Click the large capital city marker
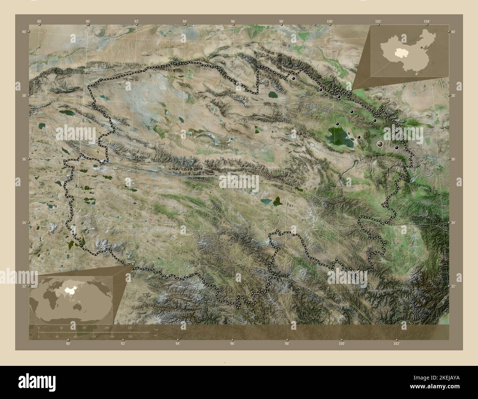(380, 144)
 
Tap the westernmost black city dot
(293, 78)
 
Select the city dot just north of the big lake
(337, 124)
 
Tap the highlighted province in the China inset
(399, 53)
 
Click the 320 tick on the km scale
(130, 328)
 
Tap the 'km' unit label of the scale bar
(156, 329)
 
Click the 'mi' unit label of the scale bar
(156, 335)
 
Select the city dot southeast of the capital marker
(396, 148)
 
